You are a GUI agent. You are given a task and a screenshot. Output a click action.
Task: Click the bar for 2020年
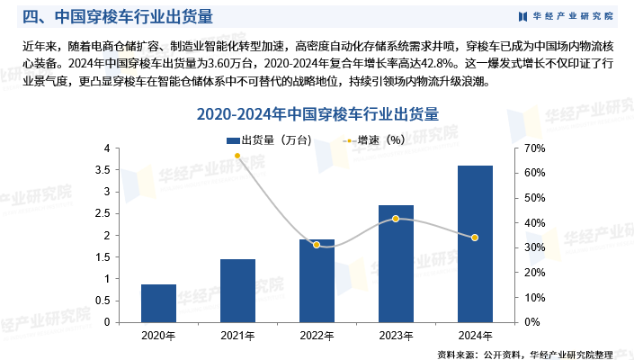click(x=158, y=303)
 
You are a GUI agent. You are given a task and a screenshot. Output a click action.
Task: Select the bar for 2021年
click(x=237, y=291)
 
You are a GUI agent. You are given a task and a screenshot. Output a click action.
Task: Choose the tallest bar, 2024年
click(x=475, y=244)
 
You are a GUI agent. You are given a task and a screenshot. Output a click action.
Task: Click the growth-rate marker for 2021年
click(x=237, y=156)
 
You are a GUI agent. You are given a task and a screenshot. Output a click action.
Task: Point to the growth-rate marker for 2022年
click(x=317, y=245)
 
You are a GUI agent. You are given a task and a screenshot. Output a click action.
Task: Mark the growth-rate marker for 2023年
click(x=396, y=219)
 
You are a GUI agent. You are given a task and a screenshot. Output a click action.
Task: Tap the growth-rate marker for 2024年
click(x=475, y=238)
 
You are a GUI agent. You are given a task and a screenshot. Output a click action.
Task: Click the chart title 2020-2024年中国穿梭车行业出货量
click(x=317, y=115)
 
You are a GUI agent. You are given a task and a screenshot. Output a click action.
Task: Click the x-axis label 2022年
click(x=317, y=335)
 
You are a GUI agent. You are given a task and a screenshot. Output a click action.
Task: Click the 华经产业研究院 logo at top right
click(x=567, y=16)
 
